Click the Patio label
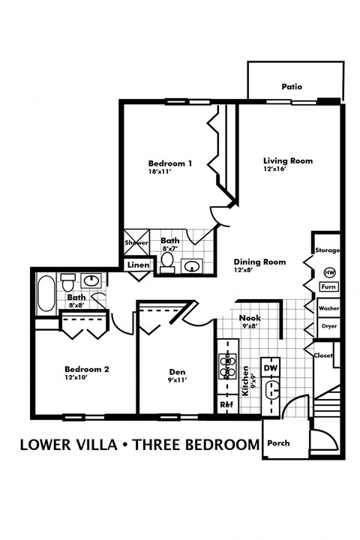coord(292,87)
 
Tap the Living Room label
coord(287,160)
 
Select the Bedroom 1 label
coord(169,163)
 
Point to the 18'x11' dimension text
coord(161,172)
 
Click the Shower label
coord(136,244)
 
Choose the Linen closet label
coord(138,265)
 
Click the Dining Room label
coord(260,262)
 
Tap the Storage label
coord(327,250)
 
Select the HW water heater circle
coord(328,273)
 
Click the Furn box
coord(328,287)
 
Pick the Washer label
coord(328,308)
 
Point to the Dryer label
coord(328,326)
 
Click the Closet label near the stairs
coord(323,355)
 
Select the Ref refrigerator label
coord(226,404)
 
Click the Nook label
coord(250,317)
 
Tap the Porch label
coord(278,442)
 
